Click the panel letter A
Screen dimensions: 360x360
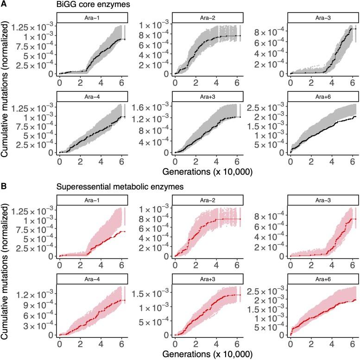coord(4,5)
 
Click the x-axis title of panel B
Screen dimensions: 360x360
coord(207,354)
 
